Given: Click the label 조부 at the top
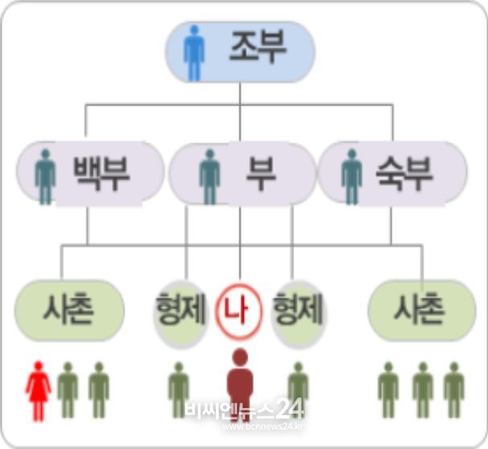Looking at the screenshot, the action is (x=258, y=47).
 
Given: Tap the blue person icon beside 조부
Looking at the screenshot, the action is (x=195, y=53).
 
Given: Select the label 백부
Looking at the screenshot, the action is (x=101, y=173).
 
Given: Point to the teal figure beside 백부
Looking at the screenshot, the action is (x=46, y=177).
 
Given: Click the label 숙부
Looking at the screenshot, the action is (x=404, y=173).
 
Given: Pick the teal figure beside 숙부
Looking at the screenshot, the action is (x=351, y=177).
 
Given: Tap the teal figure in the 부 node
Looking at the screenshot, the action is (x=210, y=177).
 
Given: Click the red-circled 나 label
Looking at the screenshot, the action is (x=239, y=311).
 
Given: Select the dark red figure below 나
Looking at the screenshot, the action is (x=240, y=385).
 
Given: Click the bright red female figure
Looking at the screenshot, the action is (x=39, y=391).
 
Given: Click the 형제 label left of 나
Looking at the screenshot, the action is (x=181, y=308).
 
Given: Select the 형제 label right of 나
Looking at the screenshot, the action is (x=297, y=308).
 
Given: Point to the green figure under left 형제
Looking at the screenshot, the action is (x=178, y=389).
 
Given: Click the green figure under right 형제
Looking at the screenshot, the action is (x=298, y=389).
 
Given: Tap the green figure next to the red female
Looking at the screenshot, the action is (x=68, y=389).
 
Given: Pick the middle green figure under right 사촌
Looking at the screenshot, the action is (x=423, y=389).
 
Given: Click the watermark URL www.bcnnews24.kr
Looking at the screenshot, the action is (x=263, y=426).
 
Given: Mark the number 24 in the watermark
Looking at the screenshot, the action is (x=289, y=409).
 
